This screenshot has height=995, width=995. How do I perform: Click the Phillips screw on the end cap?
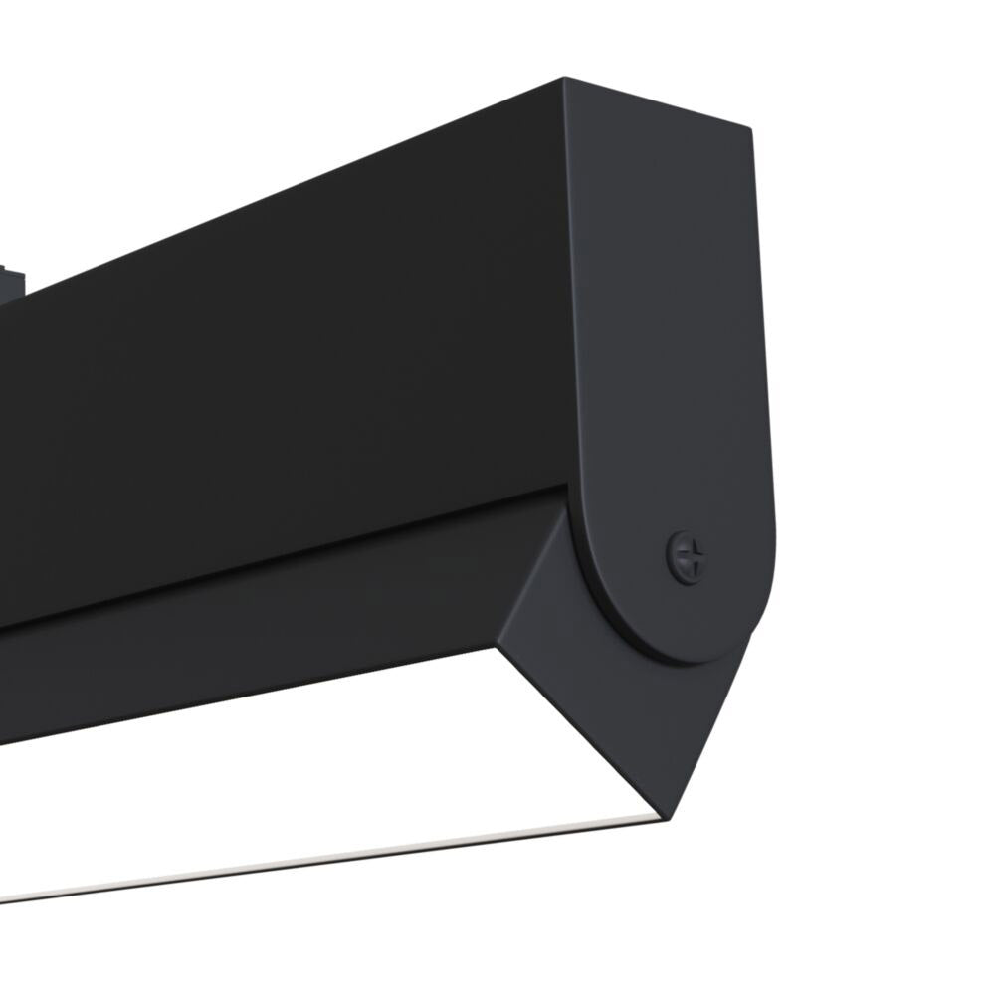tap(687, 556)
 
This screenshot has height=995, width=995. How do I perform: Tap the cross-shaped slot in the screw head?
tap(688, 556)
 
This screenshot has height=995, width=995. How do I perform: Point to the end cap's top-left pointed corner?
tap(564, 79)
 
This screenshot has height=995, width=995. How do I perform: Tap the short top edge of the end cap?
tap(657, 102)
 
